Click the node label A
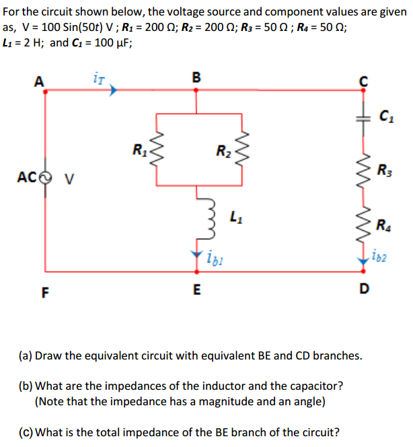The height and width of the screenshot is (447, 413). click(38, 81)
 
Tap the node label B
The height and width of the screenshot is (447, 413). click(196, 77)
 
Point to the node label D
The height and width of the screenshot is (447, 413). click(363, 289)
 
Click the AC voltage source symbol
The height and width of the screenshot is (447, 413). click(45, 178)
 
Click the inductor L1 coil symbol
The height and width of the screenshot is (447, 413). click(196, 216)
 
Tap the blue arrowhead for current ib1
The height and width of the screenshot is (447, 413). click(196, 256)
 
